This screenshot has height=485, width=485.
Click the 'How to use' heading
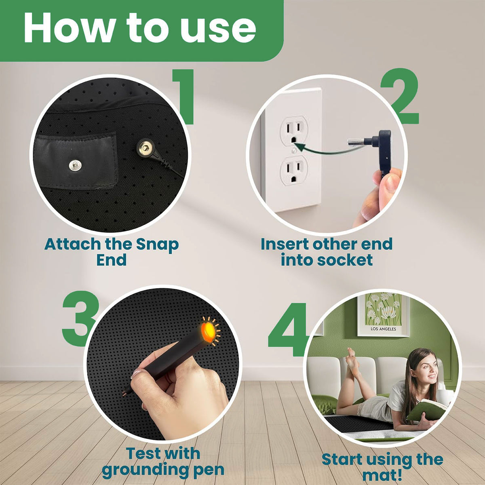[139, 27]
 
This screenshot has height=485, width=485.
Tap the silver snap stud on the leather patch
[74, 164]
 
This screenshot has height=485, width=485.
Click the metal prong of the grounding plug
[356, 141]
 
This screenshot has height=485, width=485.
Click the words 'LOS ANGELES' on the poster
[383, 329]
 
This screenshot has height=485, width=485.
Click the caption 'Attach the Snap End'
[112, 252]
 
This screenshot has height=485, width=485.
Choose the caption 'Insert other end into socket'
[327, 252]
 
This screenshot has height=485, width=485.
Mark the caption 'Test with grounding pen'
[163, 462]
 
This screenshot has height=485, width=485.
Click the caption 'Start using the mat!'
[382, 466]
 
